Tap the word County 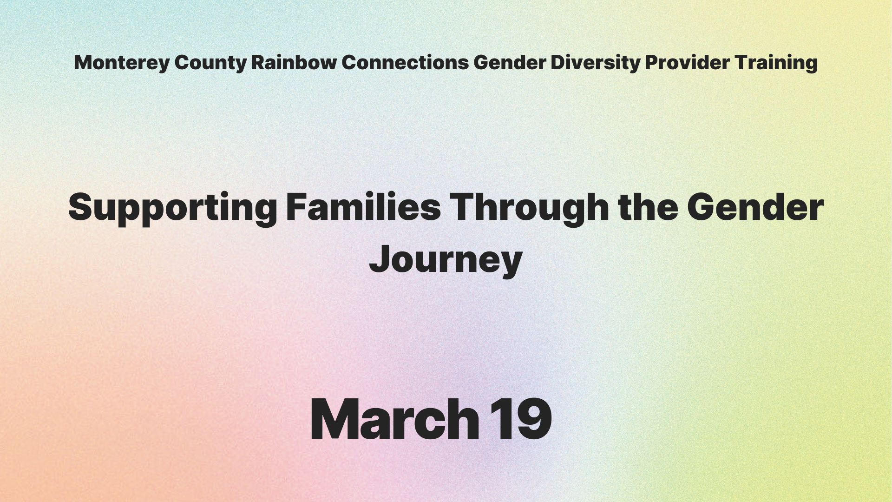(x=210, y=63)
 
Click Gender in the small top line (x=510, y=62)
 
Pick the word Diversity (x=595, y=63)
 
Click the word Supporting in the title (x=173, y=208)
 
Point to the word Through (x=530, y=208)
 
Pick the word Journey (x=446, y=260)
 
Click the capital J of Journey (x=380, y=258)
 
